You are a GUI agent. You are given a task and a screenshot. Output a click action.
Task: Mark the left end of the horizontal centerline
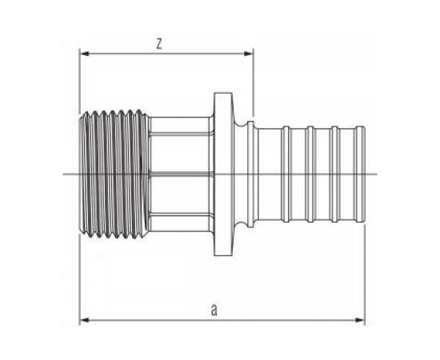point(62,174)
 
